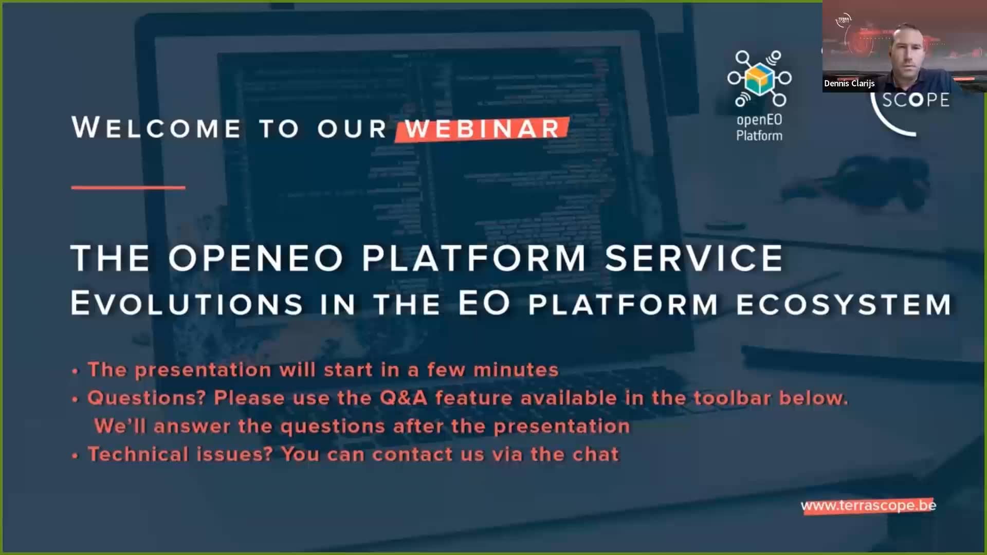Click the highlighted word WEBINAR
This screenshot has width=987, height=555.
click(482, 129)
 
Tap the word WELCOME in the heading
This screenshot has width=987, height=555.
click(156, 128)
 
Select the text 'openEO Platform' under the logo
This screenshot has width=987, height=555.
click(759, 127)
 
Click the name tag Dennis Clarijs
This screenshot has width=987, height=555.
click(849, 83)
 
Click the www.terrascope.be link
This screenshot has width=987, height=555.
click(868, 506)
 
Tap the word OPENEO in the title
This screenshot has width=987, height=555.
click(255, 258)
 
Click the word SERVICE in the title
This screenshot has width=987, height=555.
click(693, 258)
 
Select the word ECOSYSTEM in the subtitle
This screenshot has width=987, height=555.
click(844, 304)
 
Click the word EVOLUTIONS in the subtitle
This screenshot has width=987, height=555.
click(187, 303)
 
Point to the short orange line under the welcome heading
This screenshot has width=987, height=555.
click(128, 188)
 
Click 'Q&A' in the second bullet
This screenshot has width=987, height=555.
click(404, 398)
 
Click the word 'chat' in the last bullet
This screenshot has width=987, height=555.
click(595, 454)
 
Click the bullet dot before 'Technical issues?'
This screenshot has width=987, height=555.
click(75, 455)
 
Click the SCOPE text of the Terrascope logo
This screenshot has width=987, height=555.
click(916, 100)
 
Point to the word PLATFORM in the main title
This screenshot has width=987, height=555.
click(473, 258)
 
